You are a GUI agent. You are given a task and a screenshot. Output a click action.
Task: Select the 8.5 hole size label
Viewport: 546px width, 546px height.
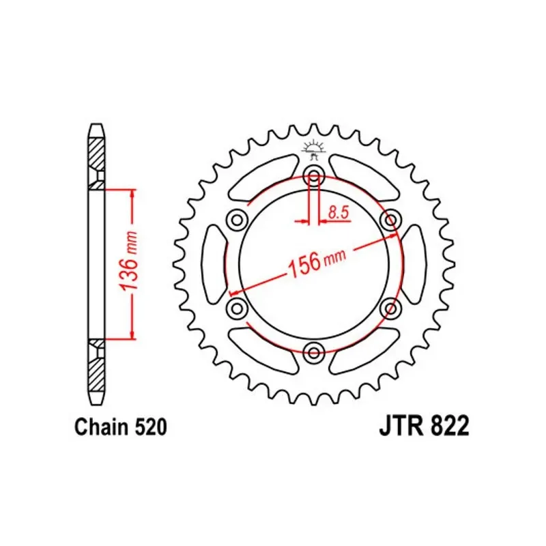pyautogui.click(x=338, y=213)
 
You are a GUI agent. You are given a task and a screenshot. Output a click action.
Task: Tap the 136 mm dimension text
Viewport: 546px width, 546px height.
pyautogui.click(x=130, y=263)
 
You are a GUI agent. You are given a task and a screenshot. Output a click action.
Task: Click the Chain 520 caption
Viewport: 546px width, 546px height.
pyautogui.click(x=119, y=428)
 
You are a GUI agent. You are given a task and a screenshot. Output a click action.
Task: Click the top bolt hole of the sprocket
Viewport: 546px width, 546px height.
pyautogui.click(x=314, y=172)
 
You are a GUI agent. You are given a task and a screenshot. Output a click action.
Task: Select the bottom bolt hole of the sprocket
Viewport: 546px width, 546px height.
pyautogui.click(x=314, y=353)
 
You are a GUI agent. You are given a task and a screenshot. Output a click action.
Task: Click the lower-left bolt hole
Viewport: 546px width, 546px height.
pyautogui.click(x=236, y=308)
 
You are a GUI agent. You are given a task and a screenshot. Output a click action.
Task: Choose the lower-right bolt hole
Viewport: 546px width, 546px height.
pyautogui.click(x=391, y=308)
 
